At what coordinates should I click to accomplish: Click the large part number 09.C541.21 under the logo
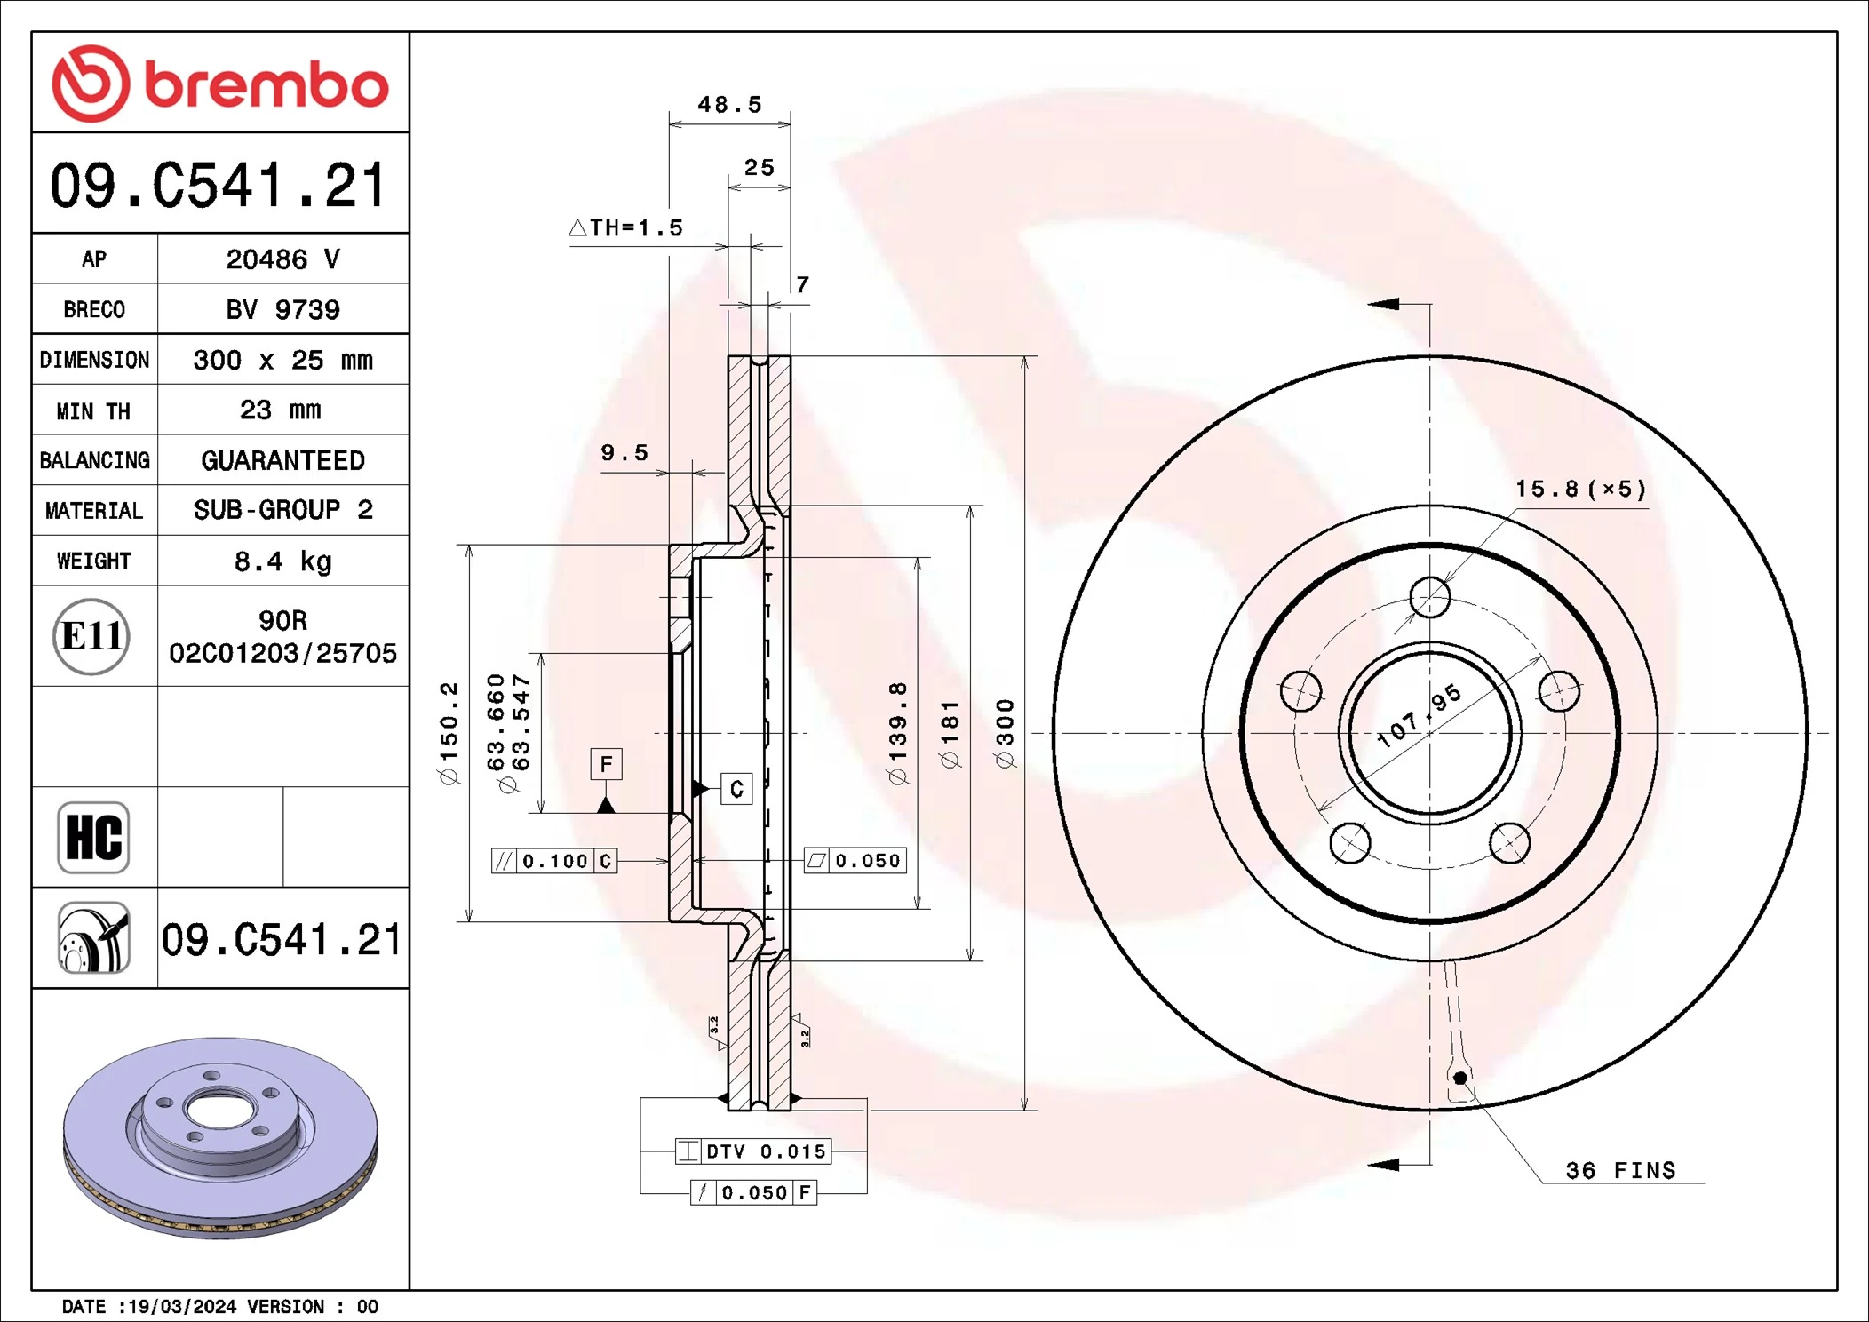[219, 186]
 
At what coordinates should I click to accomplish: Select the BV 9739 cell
[282, 309]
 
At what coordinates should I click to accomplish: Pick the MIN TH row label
[93, 410]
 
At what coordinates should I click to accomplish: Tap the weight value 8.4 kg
[282, 561]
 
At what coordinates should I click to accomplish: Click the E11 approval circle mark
[91, 636]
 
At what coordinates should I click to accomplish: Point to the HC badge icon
[93, 837]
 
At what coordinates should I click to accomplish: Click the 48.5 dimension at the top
[729, 105]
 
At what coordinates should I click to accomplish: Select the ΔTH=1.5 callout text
[626, 228]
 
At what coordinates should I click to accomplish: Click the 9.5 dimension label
[624, 453]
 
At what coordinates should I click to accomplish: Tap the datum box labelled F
[606, 764]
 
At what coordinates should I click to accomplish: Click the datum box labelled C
[736, 789]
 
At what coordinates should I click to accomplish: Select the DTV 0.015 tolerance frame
[753, 1151]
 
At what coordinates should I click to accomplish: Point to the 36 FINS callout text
[1620, 1171]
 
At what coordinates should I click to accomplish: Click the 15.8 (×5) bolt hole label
[1580, 489]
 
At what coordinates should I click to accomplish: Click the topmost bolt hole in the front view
[1430, 597]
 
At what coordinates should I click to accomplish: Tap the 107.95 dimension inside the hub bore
[1419, 715]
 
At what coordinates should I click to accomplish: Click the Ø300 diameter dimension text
[1004, 733]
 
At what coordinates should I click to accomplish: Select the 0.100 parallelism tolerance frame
[554, 861]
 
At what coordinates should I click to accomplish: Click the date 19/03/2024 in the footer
[182, 1307]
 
